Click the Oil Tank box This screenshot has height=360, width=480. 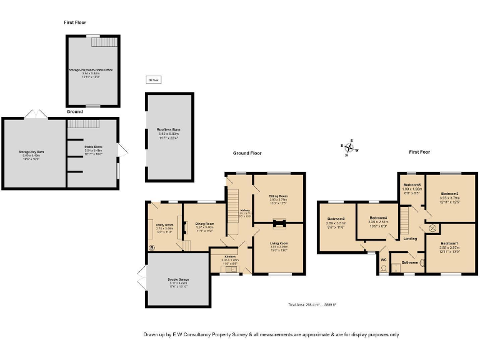tap(153, 80)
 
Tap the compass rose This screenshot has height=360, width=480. tap(350, 147)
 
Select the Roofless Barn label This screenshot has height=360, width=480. tap(167, 129)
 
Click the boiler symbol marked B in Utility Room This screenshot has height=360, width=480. tap(151, 247)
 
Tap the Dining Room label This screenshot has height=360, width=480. tap(204, 223)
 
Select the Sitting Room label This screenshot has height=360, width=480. tap(279, 195)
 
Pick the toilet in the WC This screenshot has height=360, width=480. tap(383, 269)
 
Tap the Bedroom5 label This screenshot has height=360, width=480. tap(412, 184)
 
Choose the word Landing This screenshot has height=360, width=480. tap(410, 238)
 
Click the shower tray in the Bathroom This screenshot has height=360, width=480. tap(397, 254)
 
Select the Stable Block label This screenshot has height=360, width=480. tap(93, 147)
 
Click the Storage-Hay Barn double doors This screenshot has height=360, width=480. tap(34, 114)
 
